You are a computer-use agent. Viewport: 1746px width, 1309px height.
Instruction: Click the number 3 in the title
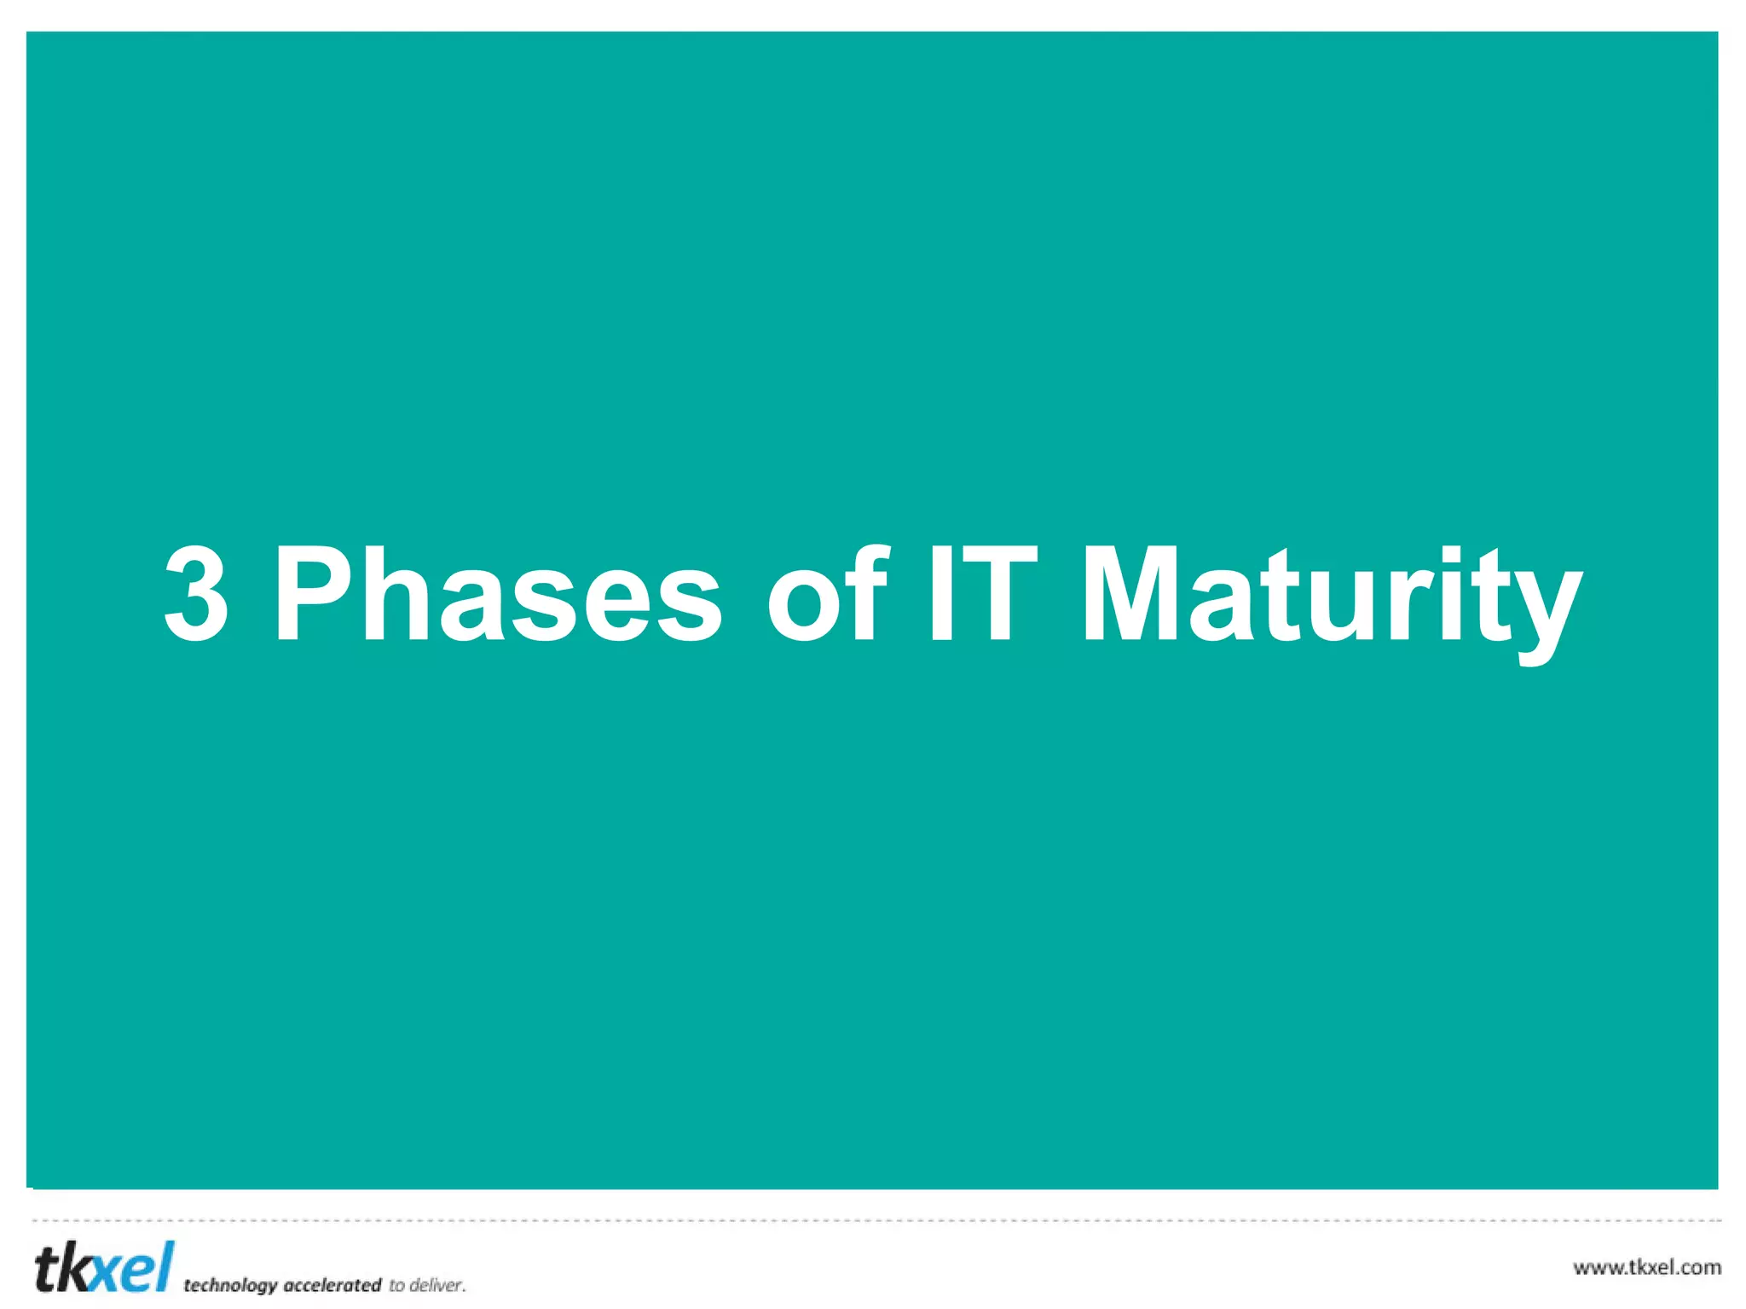196,594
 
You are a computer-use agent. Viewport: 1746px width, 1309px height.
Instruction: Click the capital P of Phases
311,594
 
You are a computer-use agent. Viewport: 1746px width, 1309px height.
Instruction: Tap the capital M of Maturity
1130,594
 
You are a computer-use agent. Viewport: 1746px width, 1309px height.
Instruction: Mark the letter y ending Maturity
1545,614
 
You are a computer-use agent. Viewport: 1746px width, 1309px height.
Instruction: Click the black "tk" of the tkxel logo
61,1268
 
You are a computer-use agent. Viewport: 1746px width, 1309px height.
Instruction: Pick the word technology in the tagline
230,1285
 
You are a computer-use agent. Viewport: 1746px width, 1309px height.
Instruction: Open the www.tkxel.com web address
1646,1267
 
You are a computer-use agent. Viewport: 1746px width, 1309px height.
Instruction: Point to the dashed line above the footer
873,1220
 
